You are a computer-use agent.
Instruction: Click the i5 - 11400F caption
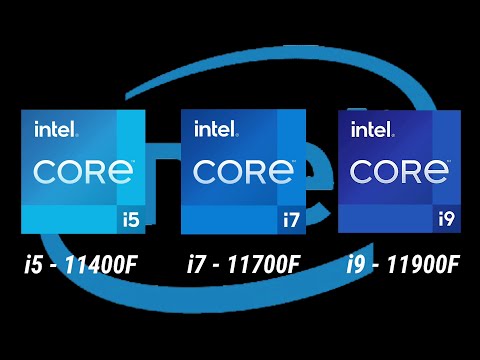83,265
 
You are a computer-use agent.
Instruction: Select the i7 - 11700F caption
243,265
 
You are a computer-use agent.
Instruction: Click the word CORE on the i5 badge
83,171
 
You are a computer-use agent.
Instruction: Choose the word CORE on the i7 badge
243,171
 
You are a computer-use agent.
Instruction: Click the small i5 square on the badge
131,216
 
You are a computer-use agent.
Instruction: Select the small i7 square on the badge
291,216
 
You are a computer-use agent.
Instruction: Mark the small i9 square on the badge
447,216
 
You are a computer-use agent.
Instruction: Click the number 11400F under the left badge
101,265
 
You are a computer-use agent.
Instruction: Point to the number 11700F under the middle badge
262,265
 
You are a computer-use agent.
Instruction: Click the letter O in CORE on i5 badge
73,171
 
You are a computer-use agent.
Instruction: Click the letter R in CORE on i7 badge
260,171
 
